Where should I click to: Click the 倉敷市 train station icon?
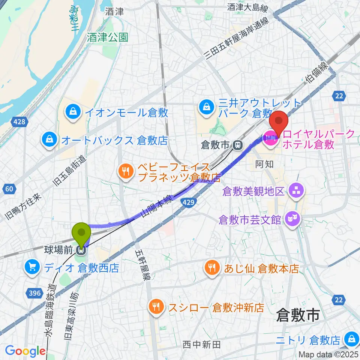point(237,145)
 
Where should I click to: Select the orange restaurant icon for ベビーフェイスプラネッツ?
point(125,171)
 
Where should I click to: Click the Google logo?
point(25,351)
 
